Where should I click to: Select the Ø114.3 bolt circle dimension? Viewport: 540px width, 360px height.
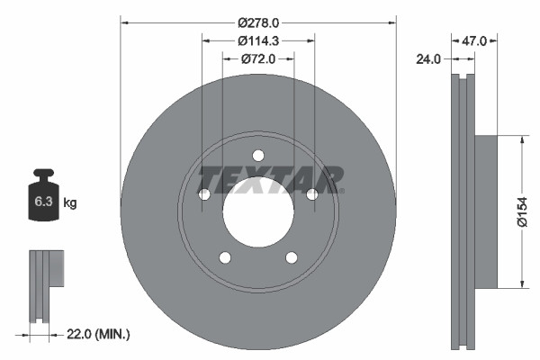tap(258, 40)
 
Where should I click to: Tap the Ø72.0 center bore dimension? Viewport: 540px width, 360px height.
tap(258, 58)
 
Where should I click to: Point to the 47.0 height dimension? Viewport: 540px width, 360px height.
tap(474, 40)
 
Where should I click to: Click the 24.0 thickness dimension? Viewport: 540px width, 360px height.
tap(429, 60)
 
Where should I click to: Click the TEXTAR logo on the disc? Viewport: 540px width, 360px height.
tap(270, 179)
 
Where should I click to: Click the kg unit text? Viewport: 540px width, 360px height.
tap(70, 202)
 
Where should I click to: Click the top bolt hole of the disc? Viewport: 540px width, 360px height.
tap(258, 154)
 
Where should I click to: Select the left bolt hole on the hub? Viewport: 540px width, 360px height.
tap(203, 194)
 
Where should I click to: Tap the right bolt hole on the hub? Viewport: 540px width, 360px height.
tap(312, 194)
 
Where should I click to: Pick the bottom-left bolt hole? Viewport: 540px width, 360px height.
tap(225, 258)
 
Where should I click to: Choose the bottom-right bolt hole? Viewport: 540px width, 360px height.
tap(292, 258)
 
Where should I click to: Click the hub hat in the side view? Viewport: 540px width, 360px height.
tap(484, 211)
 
